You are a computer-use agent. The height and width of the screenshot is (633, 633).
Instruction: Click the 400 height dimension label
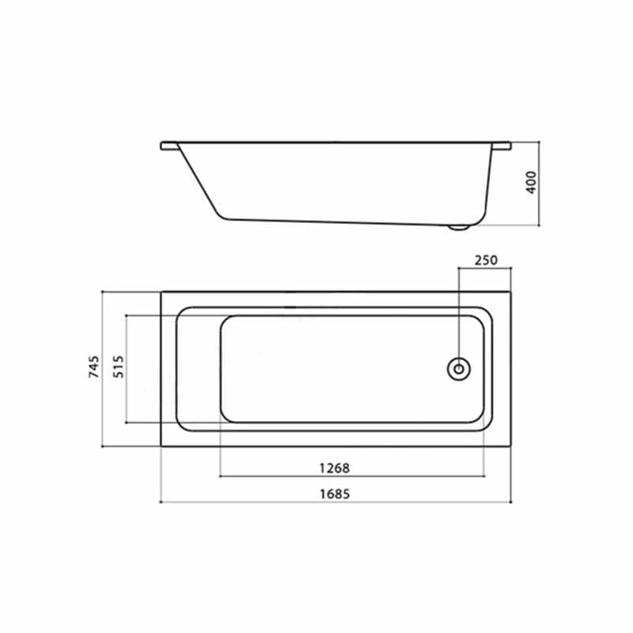532,182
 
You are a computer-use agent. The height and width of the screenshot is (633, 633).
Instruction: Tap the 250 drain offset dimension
486,260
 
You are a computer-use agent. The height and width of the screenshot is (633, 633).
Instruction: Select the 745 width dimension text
93,369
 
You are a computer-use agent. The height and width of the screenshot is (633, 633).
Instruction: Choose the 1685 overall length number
335,493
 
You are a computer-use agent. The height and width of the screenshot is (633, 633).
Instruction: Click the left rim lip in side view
169,146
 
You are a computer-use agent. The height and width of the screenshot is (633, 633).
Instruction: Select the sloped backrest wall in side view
198,180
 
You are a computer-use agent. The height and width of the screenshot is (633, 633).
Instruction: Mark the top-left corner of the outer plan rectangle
161,292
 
